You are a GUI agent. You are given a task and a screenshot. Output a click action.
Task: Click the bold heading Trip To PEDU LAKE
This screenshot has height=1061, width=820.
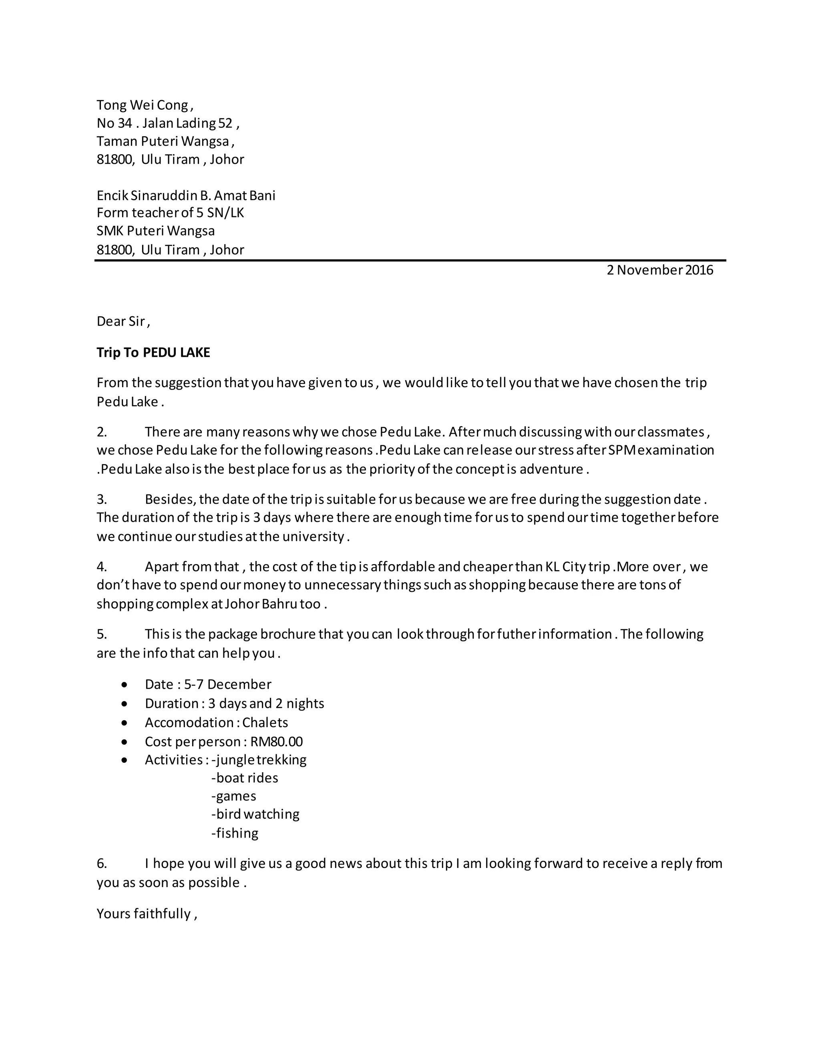(153, 352)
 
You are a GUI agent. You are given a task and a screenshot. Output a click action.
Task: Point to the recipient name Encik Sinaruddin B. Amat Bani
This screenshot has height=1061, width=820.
(185, 195)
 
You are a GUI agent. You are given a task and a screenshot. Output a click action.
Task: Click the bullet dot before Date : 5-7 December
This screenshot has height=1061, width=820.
(125, 685)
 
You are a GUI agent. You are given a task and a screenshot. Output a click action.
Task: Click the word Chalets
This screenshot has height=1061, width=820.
(265, 722)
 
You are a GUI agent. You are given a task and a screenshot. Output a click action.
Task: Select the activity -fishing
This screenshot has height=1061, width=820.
(235, 833)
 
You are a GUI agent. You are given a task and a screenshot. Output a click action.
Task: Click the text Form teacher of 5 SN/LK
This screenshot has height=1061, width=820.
(170, 213)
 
